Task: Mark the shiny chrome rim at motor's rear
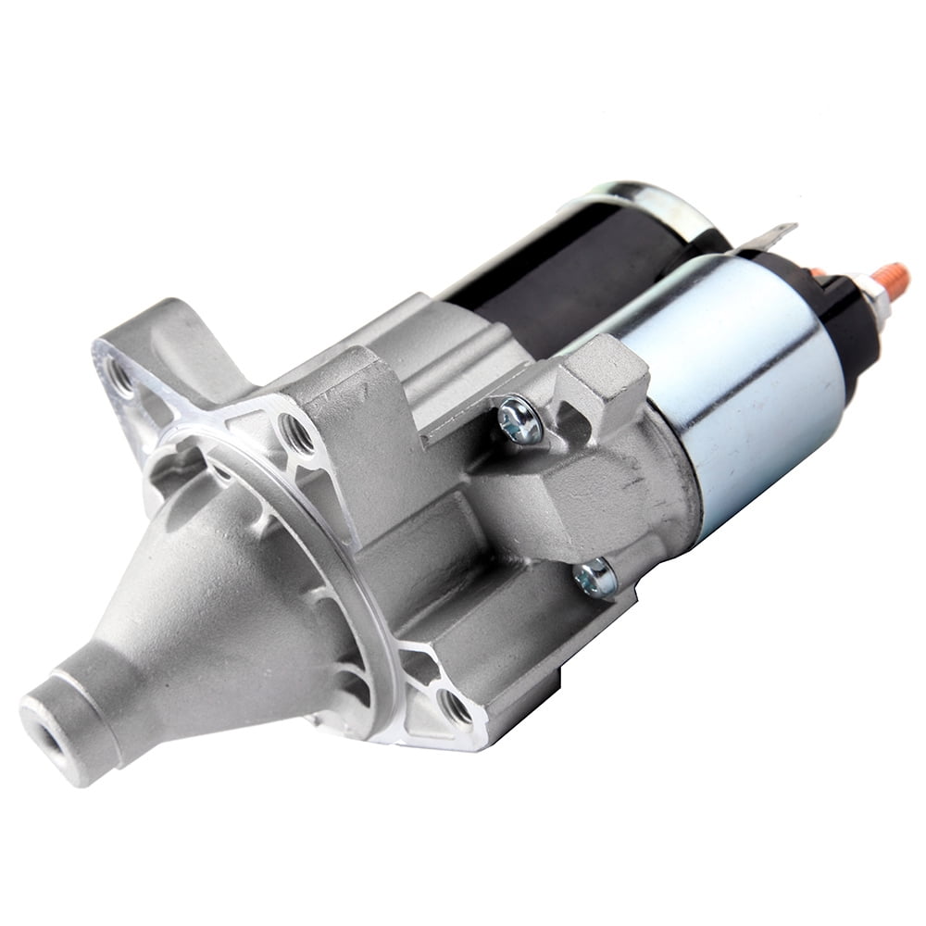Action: [x=648, y=198]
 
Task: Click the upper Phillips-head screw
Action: [x=519, y=422]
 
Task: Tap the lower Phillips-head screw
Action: [x=595, y=579]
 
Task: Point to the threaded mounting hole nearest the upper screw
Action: [x=297, y=432]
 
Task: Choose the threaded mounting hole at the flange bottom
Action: [x=455, y=708]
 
